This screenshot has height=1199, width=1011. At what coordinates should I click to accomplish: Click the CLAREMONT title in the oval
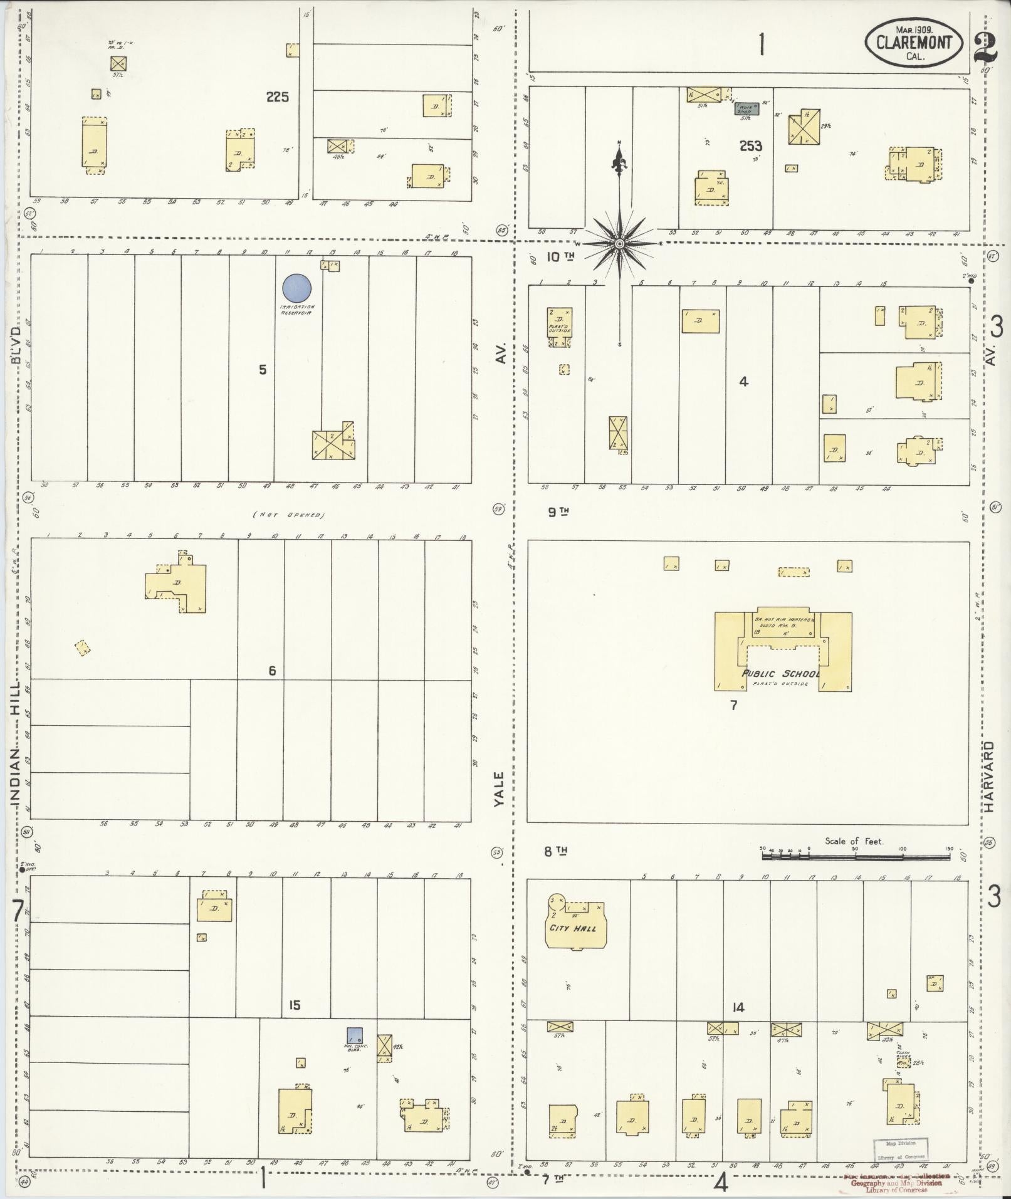tap(914, 43)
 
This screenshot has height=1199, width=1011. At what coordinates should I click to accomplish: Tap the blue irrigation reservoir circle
tap(296, 288)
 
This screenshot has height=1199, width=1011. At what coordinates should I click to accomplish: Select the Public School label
tap(780, 674)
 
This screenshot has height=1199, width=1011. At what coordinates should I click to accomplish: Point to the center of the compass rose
tap(619, 243)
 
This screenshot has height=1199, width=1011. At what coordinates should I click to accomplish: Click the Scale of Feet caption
tap(854, 841)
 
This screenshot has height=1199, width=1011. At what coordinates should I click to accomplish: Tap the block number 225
tap(277, 97)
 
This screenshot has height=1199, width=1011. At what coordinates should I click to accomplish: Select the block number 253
tap(750, 146)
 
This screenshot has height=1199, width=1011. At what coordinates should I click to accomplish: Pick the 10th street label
tap(560, 256)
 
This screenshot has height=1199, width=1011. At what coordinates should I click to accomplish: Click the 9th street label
tap(558, 511)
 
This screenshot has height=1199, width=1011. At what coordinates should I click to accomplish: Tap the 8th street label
tap(555, 851)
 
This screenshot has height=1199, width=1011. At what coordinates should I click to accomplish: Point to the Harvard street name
tap(989, 777)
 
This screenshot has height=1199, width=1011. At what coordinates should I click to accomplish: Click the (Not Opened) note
tap(288, 515)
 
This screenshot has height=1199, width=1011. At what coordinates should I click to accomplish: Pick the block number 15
tap(294, 1005)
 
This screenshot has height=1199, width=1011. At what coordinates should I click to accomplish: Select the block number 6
tap(272, 671)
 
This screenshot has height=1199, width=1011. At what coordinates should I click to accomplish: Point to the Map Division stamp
tap(900, 1148)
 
